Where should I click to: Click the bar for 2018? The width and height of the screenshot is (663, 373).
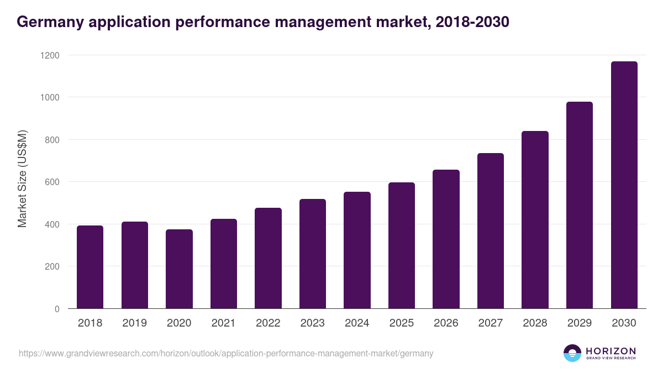[90, 267]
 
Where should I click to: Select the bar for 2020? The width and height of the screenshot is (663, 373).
[179, 269]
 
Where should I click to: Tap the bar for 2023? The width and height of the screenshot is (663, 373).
[312, 254]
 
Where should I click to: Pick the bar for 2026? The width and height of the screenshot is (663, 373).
[446, 239]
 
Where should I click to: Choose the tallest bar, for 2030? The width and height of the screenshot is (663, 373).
[624, 185]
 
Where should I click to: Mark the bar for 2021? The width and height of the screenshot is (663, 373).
[223, 264]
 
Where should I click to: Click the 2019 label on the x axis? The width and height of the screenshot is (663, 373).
[134, 323]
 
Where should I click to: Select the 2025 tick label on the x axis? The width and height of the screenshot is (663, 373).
[401, 323]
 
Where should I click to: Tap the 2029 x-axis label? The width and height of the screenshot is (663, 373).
[579, 323]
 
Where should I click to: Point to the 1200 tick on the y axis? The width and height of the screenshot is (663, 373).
[50, 55]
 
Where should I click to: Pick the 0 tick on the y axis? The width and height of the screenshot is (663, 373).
[57, 309]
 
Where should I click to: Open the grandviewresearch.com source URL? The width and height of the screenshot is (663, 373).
[226, 353]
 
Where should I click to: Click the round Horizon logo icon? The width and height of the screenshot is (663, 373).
[572, 353]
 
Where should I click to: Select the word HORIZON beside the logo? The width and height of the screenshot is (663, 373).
[611, 350]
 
